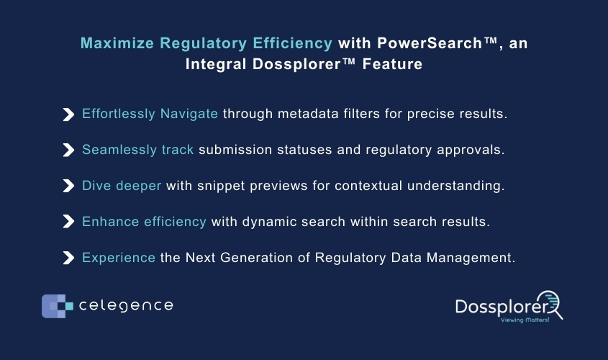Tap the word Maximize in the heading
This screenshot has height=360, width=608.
coord(117,43)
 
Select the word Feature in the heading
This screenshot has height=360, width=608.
coord(392,64)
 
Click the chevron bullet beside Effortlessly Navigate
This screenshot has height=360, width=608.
coord(68,114)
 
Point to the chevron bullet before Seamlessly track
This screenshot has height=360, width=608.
coord(68,150)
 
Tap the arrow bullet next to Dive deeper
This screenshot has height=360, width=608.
coord(68,186)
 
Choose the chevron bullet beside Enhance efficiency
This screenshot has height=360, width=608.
coord(68,222)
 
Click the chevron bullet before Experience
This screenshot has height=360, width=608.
coord(68,258)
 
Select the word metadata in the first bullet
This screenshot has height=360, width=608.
coord(308,114)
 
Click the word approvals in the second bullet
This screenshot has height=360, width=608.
coord(471,150)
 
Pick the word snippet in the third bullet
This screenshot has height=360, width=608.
coord(221,186)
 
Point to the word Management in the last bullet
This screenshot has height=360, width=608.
coord(471,258)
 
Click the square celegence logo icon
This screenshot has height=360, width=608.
coord(58,306)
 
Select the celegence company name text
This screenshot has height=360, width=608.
coord(126,306)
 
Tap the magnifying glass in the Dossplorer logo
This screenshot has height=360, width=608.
coord(550,305)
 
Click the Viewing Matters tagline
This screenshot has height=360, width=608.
coord(525,320)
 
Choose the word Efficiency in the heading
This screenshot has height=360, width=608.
coord(292,43)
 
